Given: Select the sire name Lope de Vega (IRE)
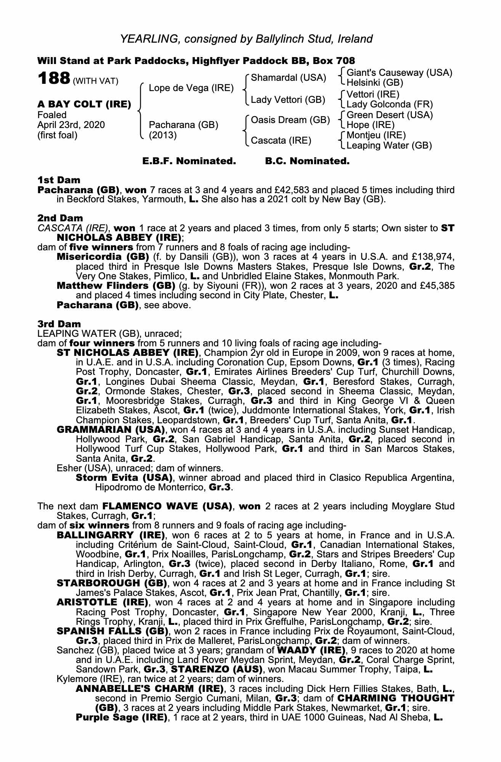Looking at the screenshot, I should pos(191,88).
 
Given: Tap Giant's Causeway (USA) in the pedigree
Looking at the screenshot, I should pos(399,72).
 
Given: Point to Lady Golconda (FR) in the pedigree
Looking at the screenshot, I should pos(390,104).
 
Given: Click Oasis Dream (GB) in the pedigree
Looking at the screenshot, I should pos(290,120).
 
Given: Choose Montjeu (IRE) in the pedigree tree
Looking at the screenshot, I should pos(376,135).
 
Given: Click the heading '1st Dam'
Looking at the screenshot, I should pos(59,180).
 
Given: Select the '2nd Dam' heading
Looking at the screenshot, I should pos(60,218).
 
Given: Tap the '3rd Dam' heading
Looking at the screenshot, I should pos(59,324).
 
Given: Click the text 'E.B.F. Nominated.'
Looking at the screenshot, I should pos(189,161).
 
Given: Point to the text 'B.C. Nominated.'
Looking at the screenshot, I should pos(307,161).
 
